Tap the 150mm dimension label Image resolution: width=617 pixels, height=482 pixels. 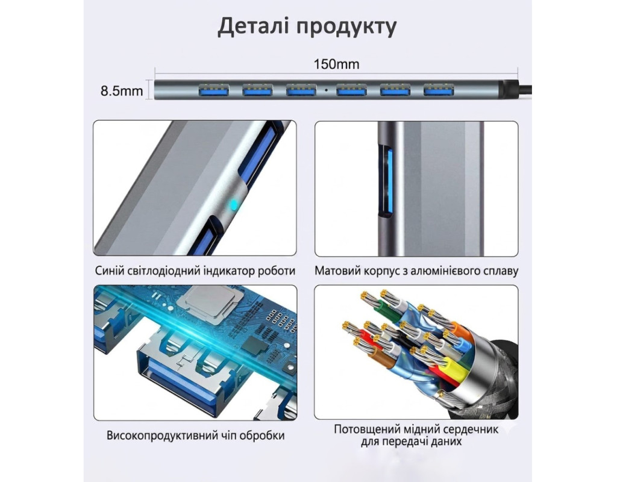(336, 64)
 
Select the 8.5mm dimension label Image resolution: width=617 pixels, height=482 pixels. (122, 92)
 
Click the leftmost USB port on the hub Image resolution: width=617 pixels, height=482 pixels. (214, 90)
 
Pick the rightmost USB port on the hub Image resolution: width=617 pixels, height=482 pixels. (439, 90)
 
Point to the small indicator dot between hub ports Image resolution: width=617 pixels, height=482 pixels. (326, 90)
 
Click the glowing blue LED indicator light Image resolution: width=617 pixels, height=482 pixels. (234, 204)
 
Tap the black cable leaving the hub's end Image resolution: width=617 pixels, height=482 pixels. (522, 89)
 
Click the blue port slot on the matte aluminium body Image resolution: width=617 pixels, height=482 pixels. (386, 181)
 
